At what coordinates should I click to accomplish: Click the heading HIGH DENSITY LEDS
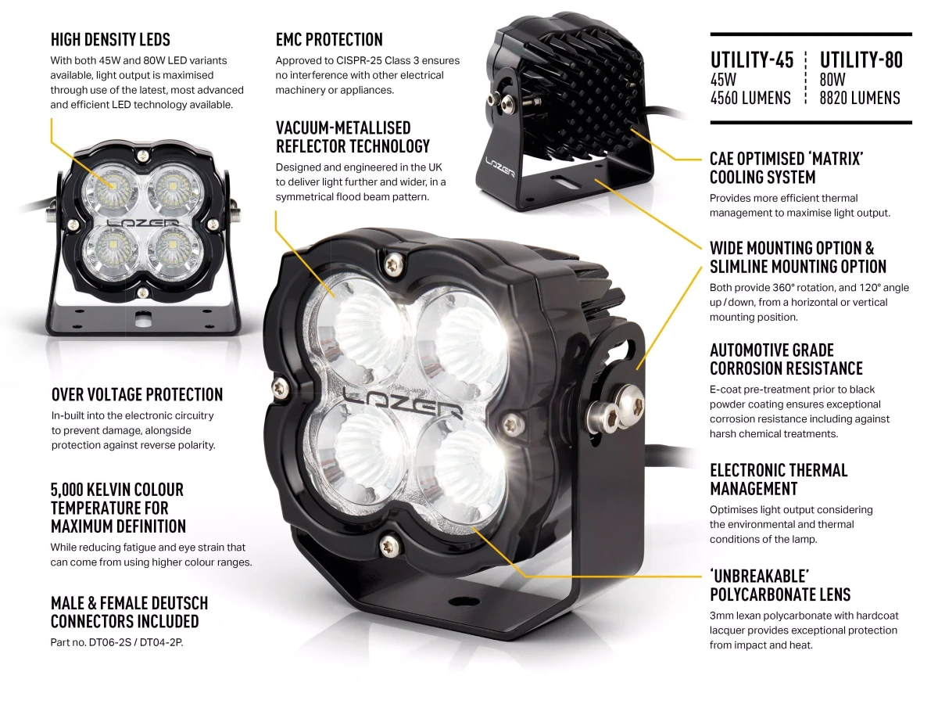(110, 39)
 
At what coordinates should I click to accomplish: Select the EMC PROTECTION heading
(329, 39)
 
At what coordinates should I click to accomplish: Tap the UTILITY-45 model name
(751, 60)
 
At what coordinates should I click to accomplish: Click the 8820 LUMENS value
(860, 98)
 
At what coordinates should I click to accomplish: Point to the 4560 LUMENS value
(750, 98)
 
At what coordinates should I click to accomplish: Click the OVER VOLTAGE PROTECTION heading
(137, 394)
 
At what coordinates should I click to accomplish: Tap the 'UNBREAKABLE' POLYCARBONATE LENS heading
(780, 585)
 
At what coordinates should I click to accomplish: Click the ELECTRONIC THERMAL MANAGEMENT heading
(779, 480)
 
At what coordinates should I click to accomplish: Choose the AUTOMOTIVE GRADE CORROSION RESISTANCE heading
(786, 359)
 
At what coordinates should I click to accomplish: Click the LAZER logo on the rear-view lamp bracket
(499, 165)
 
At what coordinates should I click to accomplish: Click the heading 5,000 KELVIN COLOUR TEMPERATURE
(118, 508)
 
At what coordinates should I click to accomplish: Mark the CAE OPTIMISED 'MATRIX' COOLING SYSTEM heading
(786, 167)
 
